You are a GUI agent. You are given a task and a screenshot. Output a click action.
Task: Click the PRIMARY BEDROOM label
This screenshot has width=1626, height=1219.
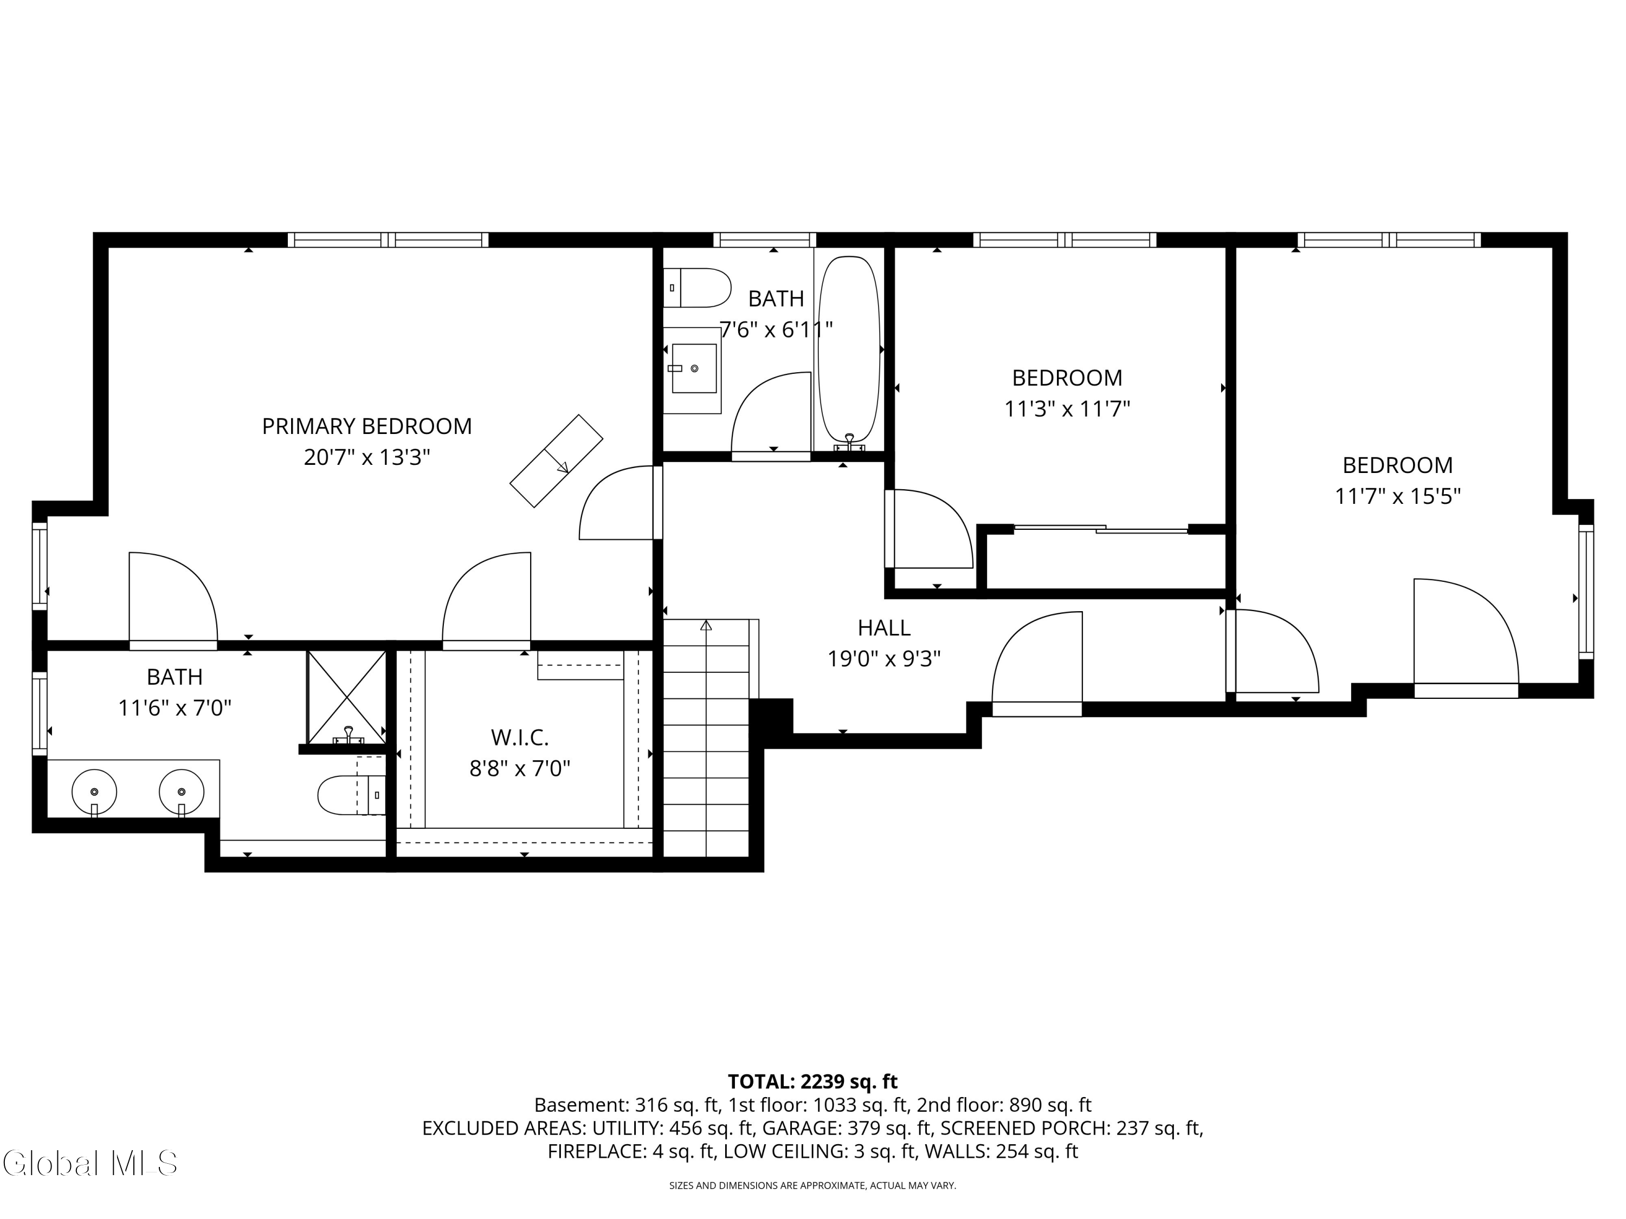367,426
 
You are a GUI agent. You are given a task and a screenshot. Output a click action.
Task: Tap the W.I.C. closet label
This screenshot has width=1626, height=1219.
520,737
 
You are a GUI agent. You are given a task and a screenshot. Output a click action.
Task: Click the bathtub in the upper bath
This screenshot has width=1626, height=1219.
849,349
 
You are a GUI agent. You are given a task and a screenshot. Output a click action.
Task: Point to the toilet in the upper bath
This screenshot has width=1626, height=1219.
698,287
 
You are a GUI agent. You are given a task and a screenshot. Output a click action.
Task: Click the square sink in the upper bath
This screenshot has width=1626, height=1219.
693,368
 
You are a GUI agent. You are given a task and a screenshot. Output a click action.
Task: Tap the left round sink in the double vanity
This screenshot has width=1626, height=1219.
94,792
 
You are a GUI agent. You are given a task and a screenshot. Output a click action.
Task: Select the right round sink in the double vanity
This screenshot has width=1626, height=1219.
182,792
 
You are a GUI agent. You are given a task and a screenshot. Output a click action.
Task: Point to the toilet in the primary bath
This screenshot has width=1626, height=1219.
349,795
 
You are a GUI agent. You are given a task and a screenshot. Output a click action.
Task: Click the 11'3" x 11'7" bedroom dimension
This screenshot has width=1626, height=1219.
1067,409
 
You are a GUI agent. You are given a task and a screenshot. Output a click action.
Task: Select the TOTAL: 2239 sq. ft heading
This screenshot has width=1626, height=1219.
812,1081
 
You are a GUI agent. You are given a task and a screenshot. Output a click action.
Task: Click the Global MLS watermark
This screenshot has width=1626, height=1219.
89,1164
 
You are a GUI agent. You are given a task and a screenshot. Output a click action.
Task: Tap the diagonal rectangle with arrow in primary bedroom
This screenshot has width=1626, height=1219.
557,461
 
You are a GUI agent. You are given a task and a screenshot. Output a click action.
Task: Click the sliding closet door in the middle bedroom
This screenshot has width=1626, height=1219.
1100,528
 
